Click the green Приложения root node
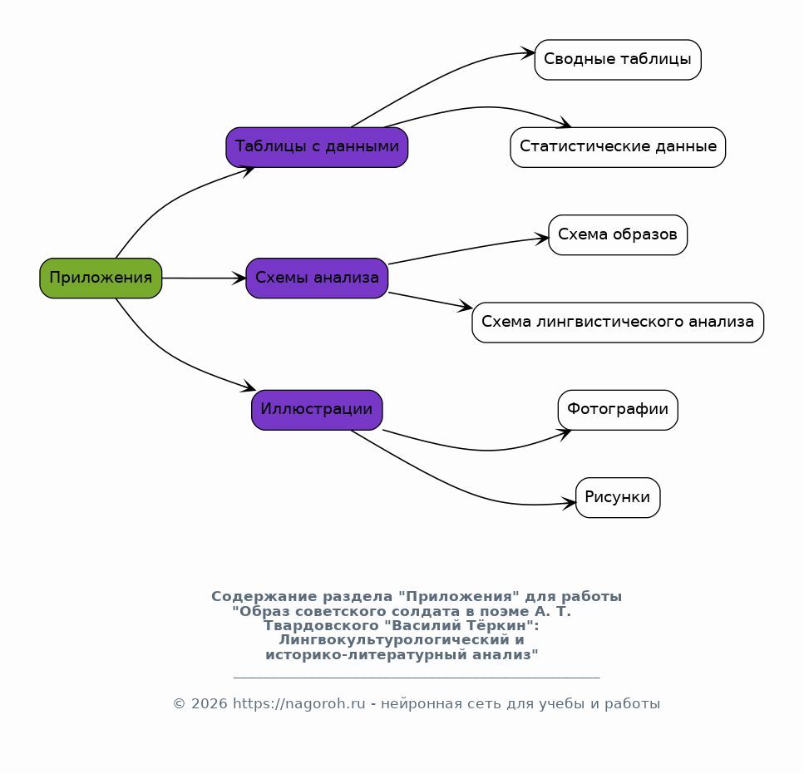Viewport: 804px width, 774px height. click(x=101, y=279)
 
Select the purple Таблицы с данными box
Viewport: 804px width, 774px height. click(x=317, y=147)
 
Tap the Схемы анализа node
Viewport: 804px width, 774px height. click(x=317, y=279)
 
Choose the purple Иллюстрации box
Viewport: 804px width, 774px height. click(x=317, y=410)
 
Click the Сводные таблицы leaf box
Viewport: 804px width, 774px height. click(x=618, y=60)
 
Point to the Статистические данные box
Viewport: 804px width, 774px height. click(x=618, y=147)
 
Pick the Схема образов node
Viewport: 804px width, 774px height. click(x=618, y=234)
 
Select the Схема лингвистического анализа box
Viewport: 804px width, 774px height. click(x=618, y=323)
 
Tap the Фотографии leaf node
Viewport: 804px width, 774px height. click(x=618, y=410)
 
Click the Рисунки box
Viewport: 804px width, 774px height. click(x=618, y=498)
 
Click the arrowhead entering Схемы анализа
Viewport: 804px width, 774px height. click(x=239, y=279)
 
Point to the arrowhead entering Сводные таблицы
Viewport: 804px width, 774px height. click(x=528, y=52)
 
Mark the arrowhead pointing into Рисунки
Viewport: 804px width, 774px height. click(x=570, y=503)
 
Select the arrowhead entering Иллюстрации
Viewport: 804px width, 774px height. click(x=249, y=387)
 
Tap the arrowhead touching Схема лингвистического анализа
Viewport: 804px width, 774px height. click(x=466, y=307)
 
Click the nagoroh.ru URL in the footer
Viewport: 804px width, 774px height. click(x=299, y=704)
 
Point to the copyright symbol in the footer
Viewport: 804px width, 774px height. click(x=179, y=704)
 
